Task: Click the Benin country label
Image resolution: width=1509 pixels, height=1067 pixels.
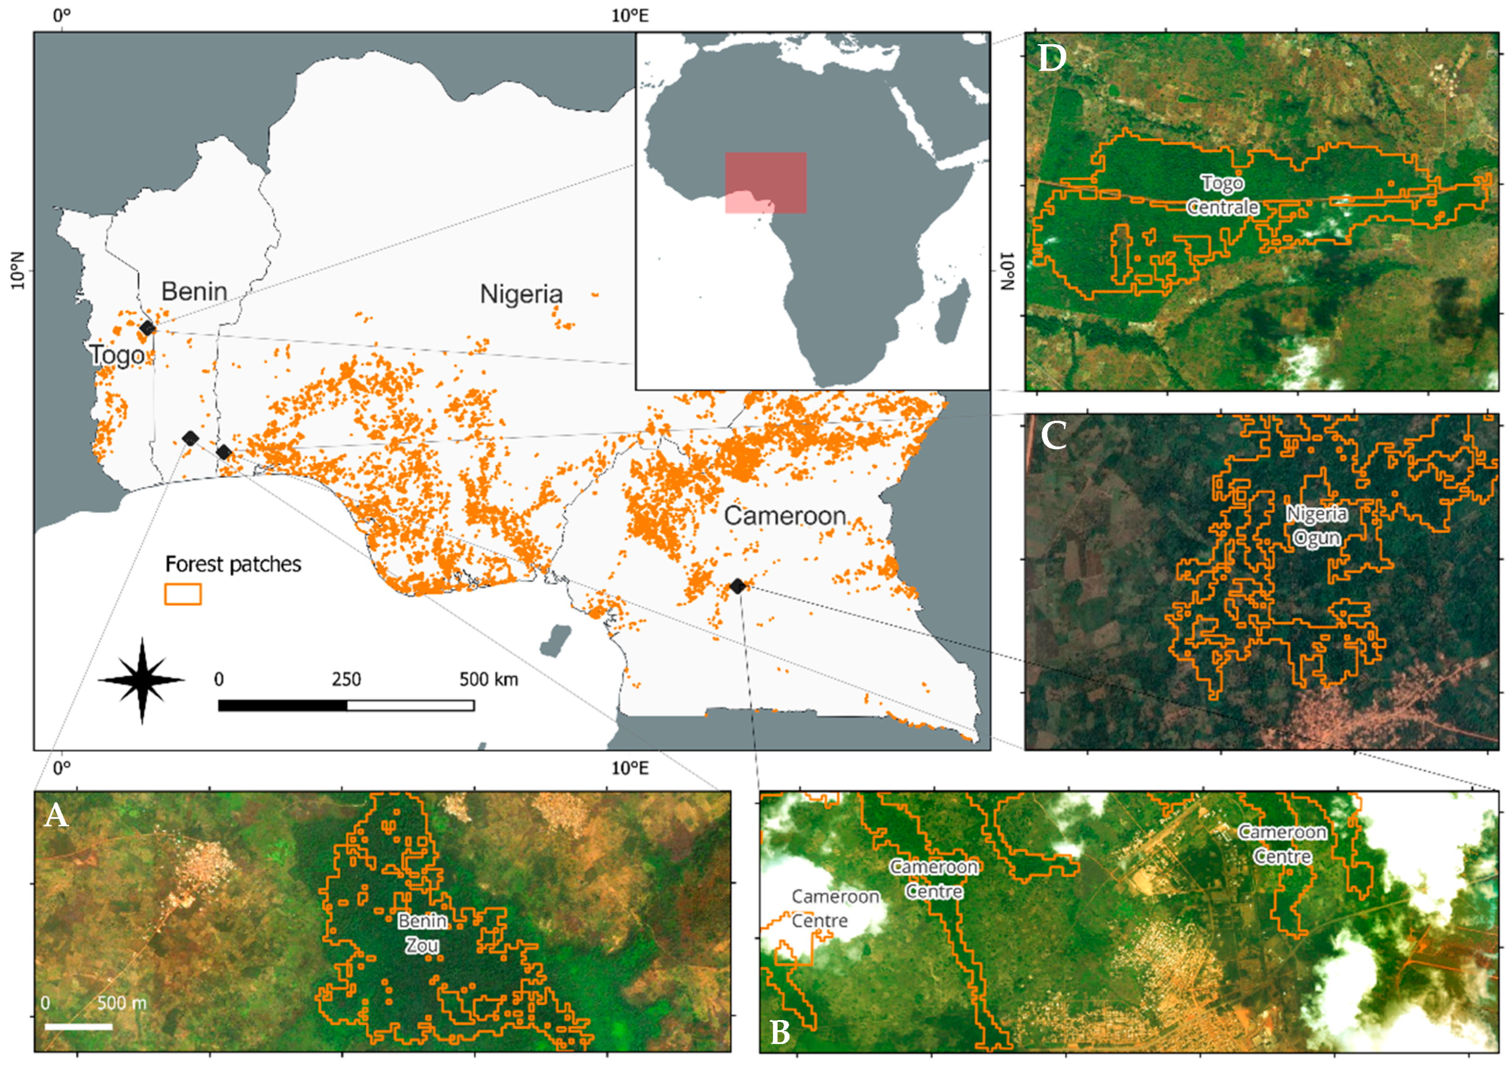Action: (x=194, y=291)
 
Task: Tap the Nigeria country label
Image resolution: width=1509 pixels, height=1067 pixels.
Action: (x=521, y=294)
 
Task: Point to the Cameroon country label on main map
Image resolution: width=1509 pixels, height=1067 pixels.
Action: (x=785, y=516)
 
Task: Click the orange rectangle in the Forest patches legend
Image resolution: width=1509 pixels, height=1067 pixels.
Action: (x=183, y=594)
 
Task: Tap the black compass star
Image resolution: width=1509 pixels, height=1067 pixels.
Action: (x=142, y=681)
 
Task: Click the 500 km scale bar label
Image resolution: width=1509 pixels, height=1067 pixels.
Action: (x=488, y=679)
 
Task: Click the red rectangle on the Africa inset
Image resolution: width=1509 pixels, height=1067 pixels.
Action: (x=766, y=183)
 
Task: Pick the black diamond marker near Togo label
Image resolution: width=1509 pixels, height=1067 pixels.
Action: (x=147, y=328)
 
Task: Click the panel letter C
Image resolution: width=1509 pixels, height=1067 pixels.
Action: (x=1054, y=436)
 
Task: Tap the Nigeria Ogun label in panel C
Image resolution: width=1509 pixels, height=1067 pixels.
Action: (x=1316, y=526)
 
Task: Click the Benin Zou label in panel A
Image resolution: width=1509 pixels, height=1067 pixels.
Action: (x=422, y=933)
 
